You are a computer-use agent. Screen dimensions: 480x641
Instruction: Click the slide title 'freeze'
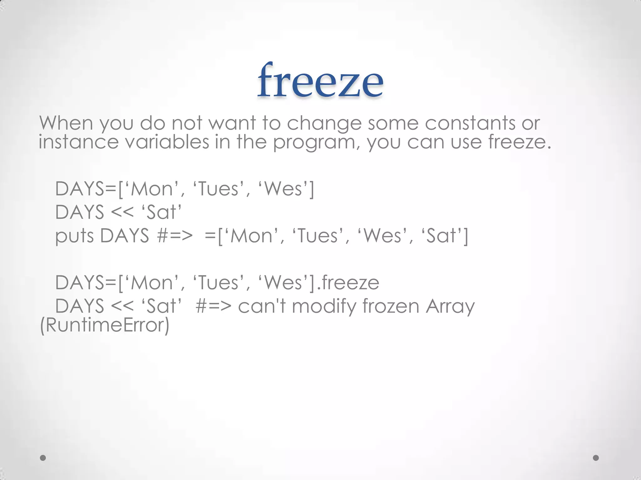320,80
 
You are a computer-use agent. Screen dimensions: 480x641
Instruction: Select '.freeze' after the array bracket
348,282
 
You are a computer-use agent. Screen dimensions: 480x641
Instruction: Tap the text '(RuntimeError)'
105,325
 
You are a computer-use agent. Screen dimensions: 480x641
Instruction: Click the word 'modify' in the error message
324,307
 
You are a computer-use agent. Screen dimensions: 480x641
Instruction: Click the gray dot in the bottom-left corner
43,458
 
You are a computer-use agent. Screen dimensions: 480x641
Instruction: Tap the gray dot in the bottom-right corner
596,458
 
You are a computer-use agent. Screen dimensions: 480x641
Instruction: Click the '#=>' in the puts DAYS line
175,236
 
